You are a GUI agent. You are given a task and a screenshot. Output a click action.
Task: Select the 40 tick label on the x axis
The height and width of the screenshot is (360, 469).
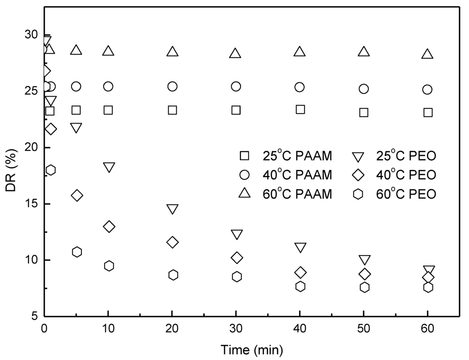pyautogui.click(x=300, y=328)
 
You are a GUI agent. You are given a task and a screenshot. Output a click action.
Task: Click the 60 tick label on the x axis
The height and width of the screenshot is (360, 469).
pyautogui.click(x=427, y=328)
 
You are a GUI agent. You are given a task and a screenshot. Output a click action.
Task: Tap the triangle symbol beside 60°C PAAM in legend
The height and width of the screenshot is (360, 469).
pyautogui.click(x=245, y=194)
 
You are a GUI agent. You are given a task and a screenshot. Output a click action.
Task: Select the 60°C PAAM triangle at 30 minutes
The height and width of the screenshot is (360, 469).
pyautogui.click(x=235, y=54)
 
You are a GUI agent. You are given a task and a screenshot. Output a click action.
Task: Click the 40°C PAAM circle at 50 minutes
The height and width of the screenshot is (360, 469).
pyautogui.click(x=364, y=89)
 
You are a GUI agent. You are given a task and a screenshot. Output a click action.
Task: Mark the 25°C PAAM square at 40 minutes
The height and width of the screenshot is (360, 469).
pyautogui.click(x=300, y=109)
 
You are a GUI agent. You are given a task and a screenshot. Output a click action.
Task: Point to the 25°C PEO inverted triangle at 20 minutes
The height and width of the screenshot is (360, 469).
pyautogui.click(x=173, y=209)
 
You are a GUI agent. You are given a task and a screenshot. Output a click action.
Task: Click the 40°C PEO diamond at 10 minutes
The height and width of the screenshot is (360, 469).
pyautogui.click(x=109, y=227)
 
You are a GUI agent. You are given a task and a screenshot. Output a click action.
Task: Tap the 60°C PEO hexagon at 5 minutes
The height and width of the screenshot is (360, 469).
pyautogui.click(x=77, y=252)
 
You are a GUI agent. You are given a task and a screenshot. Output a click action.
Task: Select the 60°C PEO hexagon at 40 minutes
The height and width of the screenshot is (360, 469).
pyautogui.click(x=300, y=286)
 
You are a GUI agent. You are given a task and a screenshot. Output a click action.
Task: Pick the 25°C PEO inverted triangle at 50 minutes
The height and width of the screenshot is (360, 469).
pyautogui.click(x=365, y=260)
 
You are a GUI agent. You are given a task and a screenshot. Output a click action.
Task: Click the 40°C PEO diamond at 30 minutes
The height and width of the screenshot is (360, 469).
pyautogui.click(x=237, y=258)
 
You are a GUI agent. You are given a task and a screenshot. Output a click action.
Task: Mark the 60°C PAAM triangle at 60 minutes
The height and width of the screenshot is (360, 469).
pyautogui.click(x=427, y=54)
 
